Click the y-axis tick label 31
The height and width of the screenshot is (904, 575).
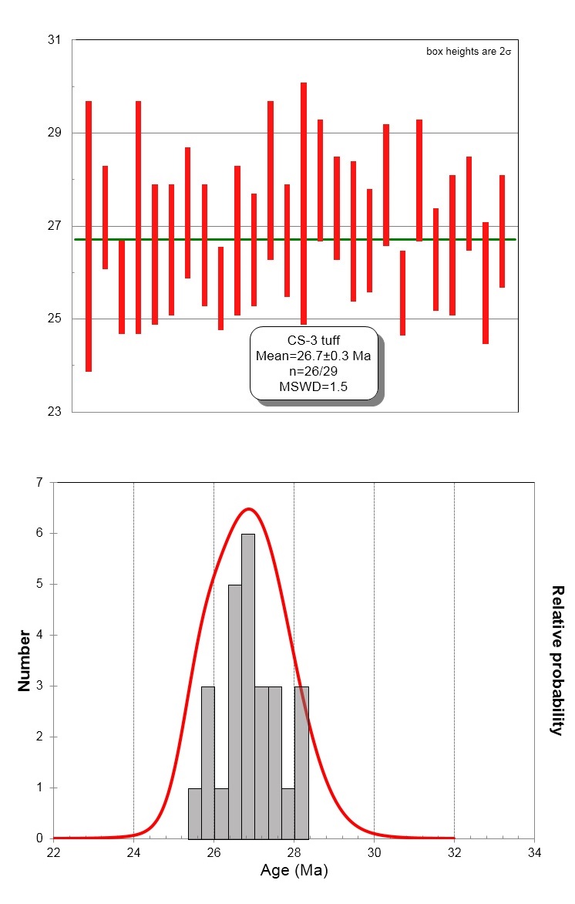[54, 39]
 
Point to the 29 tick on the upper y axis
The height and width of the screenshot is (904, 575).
[54, 133]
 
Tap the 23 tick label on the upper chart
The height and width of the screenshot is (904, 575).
[54, 412]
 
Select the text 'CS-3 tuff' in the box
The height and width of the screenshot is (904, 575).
[313, 340]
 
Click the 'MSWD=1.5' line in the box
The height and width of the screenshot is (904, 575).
[313, 386]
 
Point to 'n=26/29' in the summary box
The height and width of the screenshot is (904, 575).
[313, 371]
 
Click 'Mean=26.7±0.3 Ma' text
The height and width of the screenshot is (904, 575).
[313, 356]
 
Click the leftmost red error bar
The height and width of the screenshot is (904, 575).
[89, 236]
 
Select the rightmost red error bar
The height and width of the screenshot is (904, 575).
[502, 231]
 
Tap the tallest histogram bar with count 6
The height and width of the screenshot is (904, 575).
[248, 686]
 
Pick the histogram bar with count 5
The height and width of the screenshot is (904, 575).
[234, 711]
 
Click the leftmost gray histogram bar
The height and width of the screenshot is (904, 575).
[194, 813]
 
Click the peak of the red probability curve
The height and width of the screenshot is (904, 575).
[248, 508]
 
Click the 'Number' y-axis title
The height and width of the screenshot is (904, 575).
[25, 660]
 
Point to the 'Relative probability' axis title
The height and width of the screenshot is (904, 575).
[557, 660]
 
